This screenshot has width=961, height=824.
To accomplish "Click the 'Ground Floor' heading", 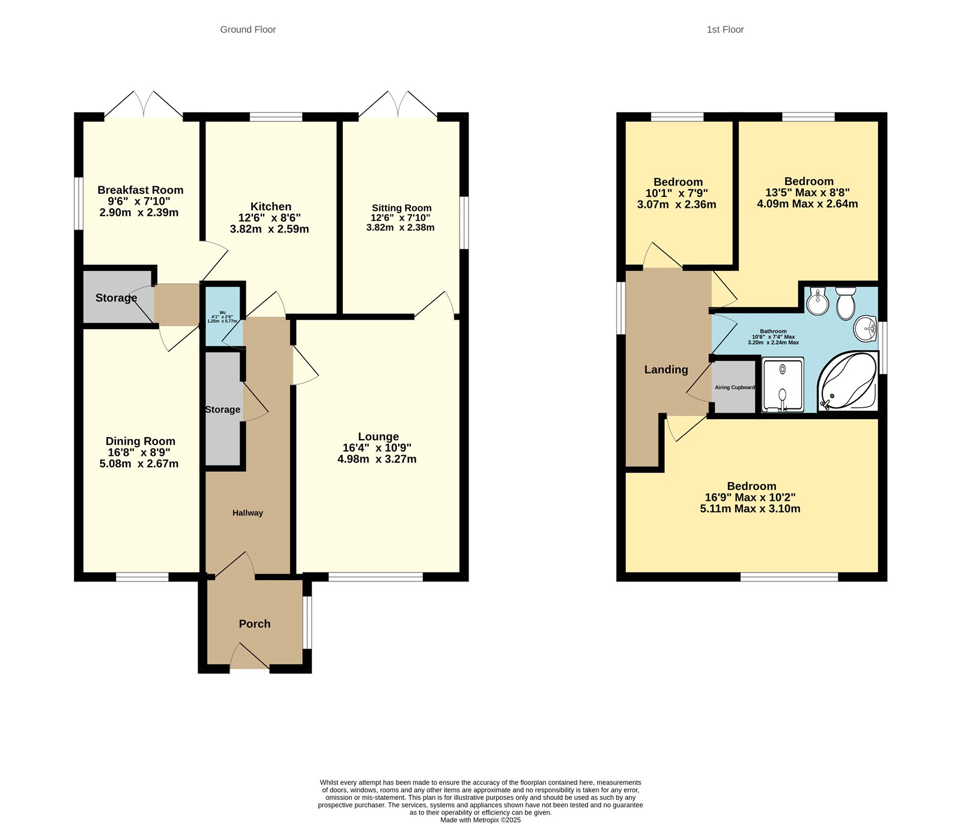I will pos(247,29).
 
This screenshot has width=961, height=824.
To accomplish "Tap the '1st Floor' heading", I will pos(725,29).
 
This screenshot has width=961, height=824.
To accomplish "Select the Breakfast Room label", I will pos(140,190).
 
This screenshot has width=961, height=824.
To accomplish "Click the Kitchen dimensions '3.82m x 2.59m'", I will pos(269,229).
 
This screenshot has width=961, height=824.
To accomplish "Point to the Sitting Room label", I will pos(401,208).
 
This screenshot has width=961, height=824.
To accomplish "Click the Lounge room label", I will pos(378,437).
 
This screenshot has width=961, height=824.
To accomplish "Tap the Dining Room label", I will pos(140,441).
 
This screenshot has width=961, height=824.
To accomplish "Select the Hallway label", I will pos(247,513).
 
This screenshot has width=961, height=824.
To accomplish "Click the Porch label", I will pos(255,624).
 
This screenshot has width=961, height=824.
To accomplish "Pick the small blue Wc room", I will pos(223,317).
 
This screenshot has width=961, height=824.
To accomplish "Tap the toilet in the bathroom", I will pos(846,303).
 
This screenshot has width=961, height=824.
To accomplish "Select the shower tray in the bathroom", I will pos(783,384).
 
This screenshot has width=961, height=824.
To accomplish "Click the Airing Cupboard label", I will pos(735,387).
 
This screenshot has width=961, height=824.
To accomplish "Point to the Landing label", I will pos(666,370).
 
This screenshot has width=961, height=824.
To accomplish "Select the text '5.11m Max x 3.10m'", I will pos(750,509).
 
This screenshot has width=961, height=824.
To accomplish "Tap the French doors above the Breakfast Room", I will pos(144,105).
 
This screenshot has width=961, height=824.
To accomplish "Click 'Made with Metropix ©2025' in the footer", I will pos(480,820).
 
